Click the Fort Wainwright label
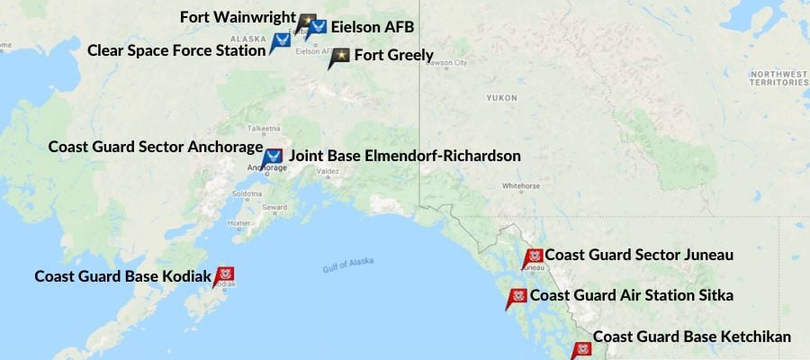[238, 17]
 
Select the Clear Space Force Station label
[176, 49]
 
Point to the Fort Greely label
[394, 56]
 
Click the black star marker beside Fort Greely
[339, 58]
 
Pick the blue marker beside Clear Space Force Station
[280, 42]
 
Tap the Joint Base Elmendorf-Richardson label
[405, 156]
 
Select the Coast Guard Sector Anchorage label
[155, 146]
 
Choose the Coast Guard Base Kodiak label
[122, 275]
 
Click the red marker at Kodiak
[224, 274]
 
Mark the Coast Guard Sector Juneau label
[639, 256]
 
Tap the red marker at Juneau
[533, 258]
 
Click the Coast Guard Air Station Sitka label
[632, 295]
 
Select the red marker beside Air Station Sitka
[517, 298]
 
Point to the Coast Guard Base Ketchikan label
[692, 337]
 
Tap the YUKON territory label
[501, 97]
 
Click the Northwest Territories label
[777, 77]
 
